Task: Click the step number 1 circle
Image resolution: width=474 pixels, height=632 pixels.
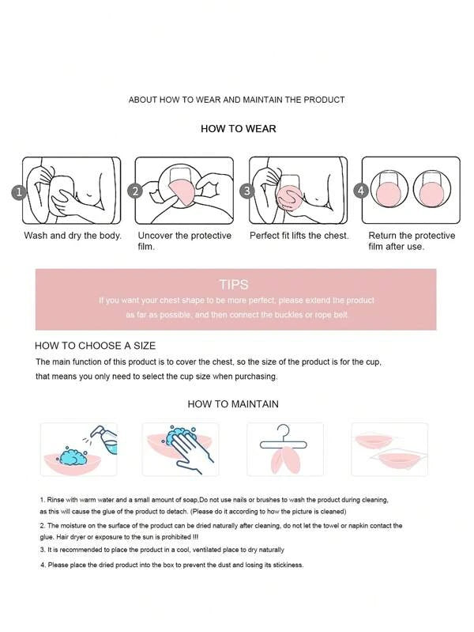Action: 19,192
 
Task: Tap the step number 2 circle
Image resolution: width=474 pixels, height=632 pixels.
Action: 135,191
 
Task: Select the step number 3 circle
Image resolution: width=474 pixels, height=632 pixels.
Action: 247,191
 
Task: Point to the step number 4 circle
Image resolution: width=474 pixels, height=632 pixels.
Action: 361,191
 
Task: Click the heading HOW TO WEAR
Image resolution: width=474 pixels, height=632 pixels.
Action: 239,129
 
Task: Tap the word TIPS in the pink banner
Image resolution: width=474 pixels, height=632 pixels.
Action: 234,285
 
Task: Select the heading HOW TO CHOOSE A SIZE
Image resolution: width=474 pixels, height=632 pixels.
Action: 95,346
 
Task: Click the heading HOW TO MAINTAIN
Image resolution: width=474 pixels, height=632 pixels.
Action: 233,404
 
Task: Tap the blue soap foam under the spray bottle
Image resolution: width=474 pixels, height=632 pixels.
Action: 73,456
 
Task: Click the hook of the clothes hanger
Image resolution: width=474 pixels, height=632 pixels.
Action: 284,430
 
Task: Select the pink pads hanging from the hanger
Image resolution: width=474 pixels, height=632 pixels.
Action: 284,460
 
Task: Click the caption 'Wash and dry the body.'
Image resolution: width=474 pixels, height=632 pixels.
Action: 73,236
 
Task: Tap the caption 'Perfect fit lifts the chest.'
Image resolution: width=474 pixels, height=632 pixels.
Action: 299,236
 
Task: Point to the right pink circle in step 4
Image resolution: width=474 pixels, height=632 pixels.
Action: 431,193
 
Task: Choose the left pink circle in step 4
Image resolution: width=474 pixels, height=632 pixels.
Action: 389,193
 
